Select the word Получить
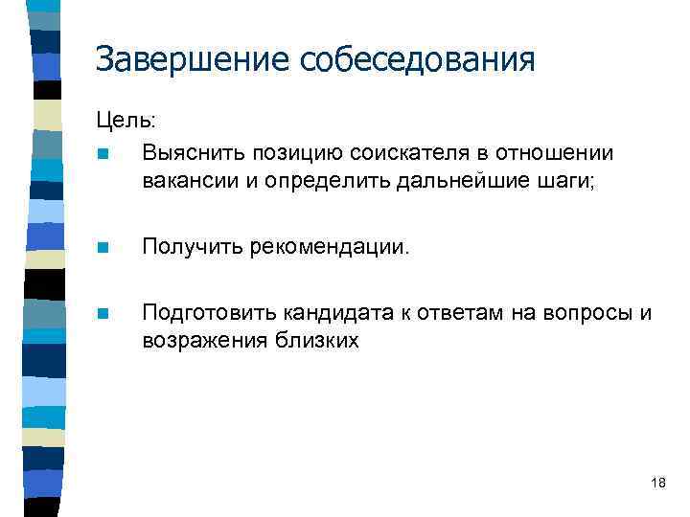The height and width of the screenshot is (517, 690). (192, 248)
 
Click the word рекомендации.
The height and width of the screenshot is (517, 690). (330, 248)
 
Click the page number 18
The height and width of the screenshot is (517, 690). (657, 483)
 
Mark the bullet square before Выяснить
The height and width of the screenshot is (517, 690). (103, 154)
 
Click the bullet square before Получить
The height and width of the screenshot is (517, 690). (103, 249)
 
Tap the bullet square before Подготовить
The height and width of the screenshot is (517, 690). (103, 314)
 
